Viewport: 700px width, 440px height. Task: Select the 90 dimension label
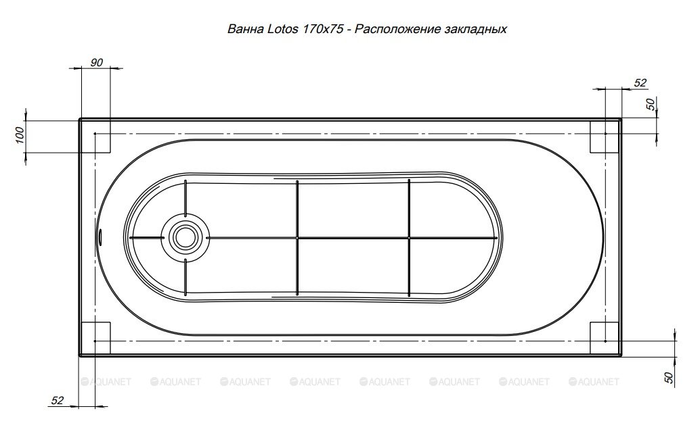point(96,63)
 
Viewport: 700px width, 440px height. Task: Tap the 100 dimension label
point(20,135)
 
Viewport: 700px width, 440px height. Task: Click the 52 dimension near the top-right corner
point(640,83)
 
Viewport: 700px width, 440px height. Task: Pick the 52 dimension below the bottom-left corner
point(57,400)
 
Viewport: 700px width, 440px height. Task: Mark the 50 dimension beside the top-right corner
point(651,104)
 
